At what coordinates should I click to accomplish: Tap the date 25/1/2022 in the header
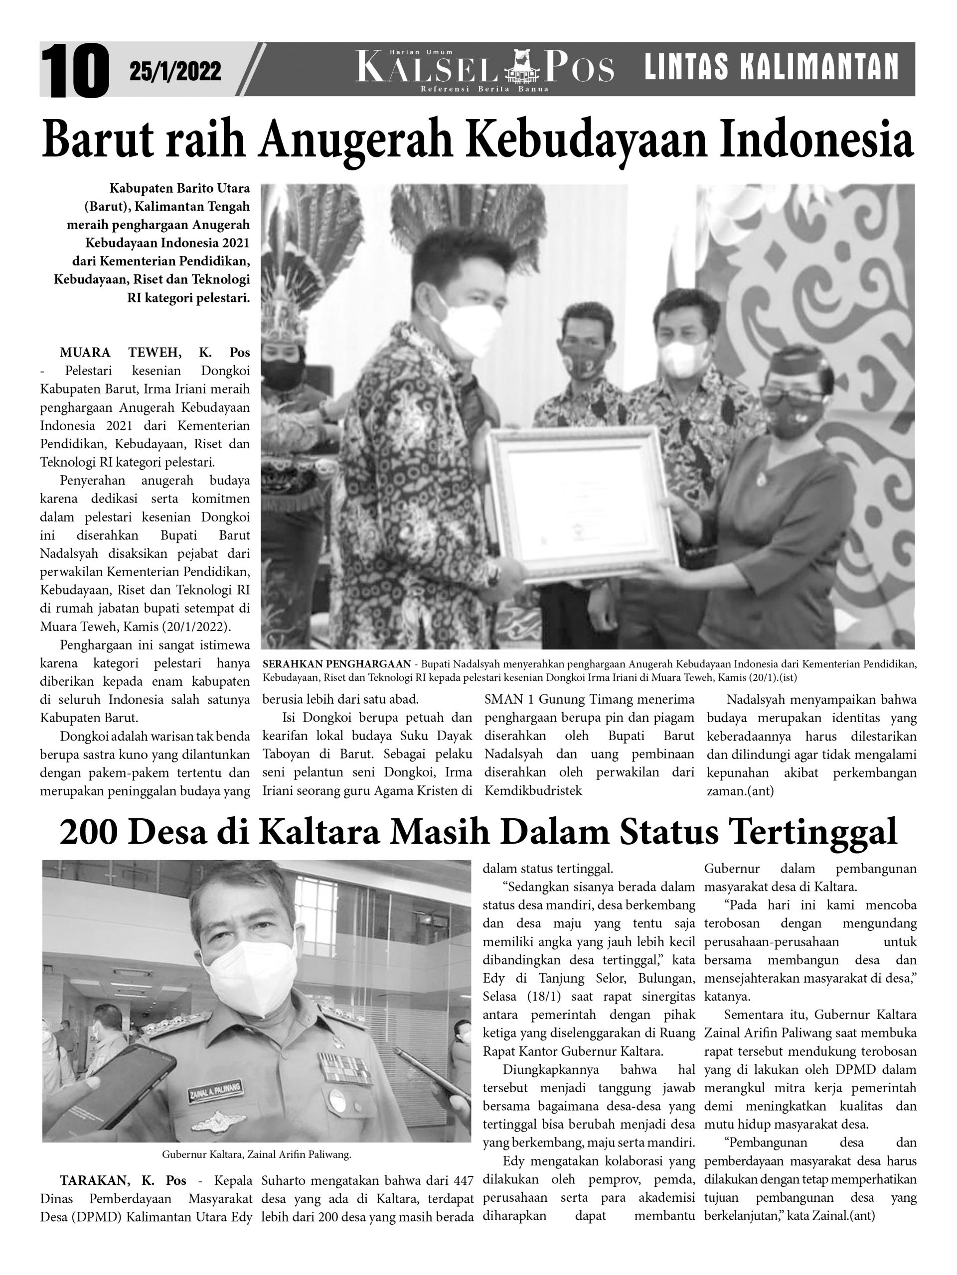click(175, 72)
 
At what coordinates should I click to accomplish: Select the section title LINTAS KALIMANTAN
click(771, 67)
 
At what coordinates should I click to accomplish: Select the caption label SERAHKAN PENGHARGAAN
click(336, 664)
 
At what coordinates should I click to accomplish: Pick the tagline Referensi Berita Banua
click(484, 89)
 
